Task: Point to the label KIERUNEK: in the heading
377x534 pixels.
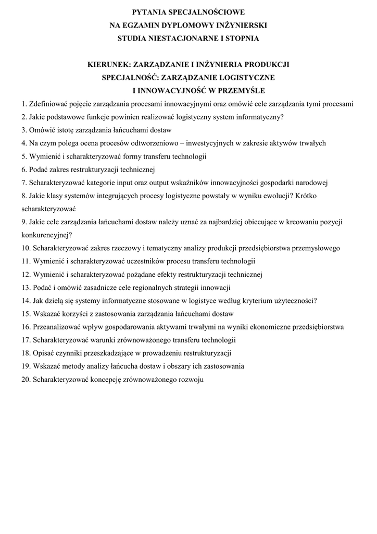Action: tap(109, 65)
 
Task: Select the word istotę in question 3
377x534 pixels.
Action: tap(68, 130)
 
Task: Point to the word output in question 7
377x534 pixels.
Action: tap(183, 183)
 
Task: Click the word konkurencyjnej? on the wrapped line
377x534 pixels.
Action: tap(47, 235)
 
